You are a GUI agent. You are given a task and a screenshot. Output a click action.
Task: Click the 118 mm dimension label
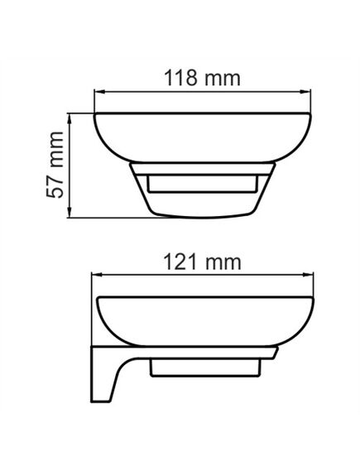point(202,79)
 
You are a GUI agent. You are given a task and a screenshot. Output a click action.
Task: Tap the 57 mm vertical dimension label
point(55,165)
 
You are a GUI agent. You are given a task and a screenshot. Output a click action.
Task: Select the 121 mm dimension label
point(202,262)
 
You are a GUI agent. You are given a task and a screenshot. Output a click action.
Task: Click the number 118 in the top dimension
point(180,78)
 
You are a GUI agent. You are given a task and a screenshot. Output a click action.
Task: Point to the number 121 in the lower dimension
point(180,262)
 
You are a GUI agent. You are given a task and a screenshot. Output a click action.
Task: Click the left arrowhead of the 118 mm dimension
point(99,92)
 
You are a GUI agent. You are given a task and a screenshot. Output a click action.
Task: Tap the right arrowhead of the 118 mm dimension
point(305,92)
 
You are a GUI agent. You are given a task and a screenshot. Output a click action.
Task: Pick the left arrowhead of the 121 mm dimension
point(96,275)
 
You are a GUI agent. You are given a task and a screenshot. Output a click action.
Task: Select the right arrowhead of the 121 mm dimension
point(308,275)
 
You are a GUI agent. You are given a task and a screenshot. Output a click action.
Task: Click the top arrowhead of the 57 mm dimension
point(70,119)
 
